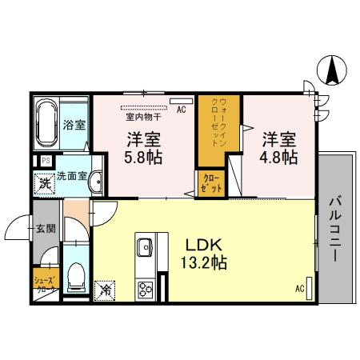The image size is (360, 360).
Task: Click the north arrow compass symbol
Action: pos(330,70)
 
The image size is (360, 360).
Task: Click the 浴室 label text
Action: pos(75,126)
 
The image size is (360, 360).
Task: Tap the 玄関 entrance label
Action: pos(44,228)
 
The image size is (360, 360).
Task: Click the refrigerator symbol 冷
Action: pos(106,290)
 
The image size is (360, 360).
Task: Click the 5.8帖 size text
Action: pos(142,158)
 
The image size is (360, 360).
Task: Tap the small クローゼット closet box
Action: pos(210,182)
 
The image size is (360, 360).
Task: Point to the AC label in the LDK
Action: pos(300,288)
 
